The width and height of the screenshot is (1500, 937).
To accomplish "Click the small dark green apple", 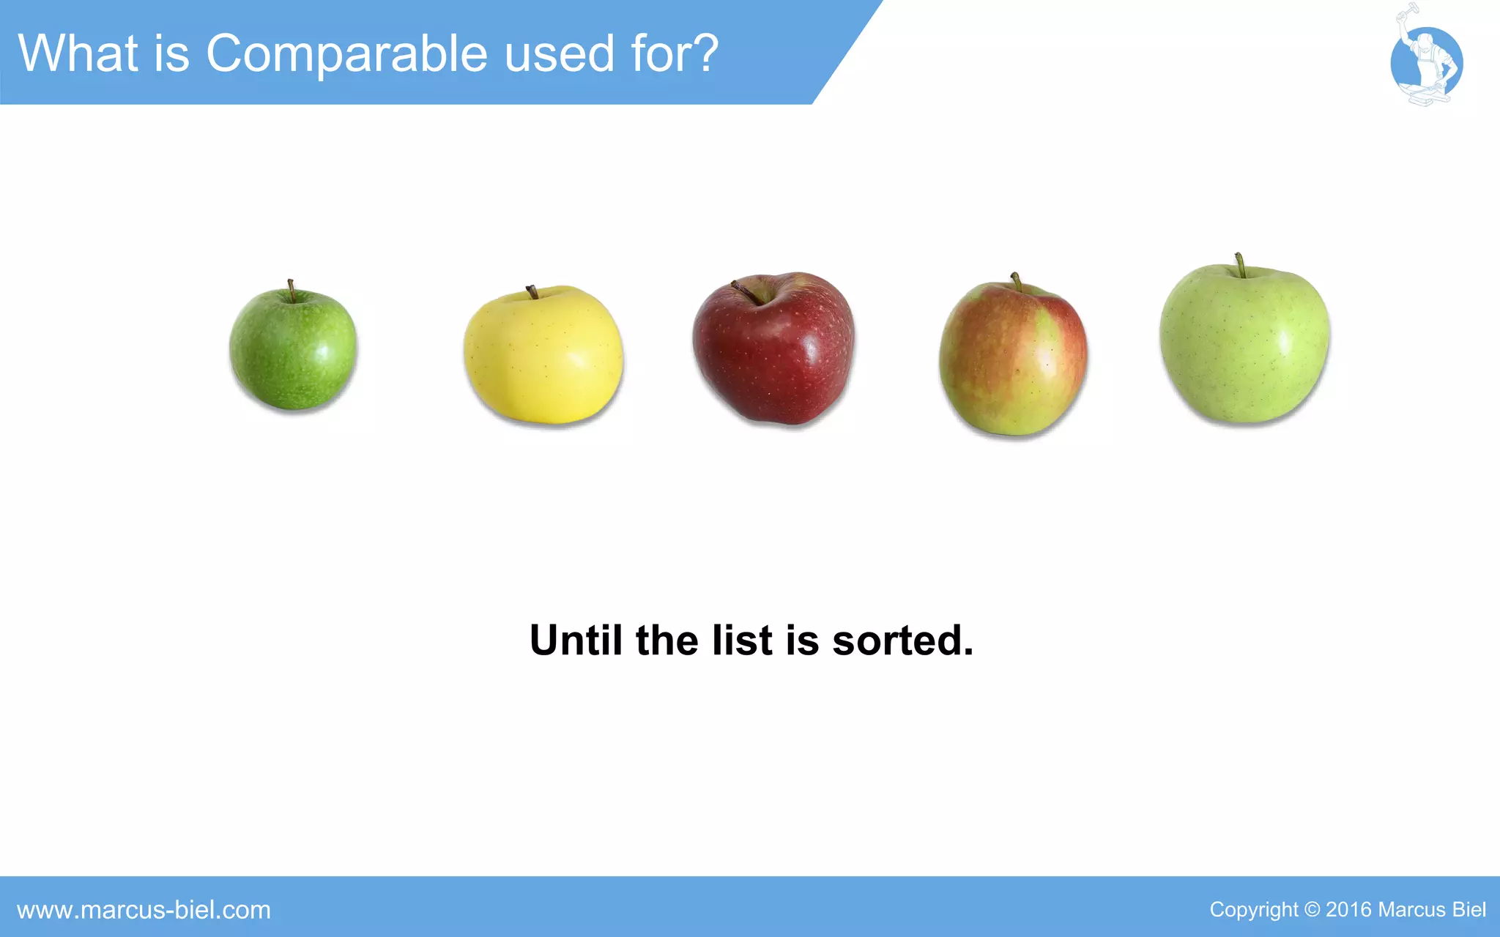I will (293, 350).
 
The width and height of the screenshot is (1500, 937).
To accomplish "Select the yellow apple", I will (543, 356).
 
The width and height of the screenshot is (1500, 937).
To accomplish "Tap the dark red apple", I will (774, 350).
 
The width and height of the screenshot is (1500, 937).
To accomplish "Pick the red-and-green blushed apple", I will (1014, 359).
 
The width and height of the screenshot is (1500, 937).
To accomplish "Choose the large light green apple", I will (1245, 344).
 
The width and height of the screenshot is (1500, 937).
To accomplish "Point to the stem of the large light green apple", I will (1239, 265).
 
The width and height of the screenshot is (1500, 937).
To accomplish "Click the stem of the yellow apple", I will (532, 292).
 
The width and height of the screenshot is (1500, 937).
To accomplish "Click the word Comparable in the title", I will (347, 54).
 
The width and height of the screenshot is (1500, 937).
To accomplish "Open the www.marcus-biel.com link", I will (144, 910).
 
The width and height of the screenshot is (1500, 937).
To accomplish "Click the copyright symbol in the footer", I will (1312, 910).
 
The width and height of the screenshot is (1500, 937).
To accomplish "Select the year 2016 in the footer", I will (1348, 910).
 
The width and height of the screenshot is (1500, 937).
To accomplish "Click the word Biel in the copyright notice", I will (1469, 910).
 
